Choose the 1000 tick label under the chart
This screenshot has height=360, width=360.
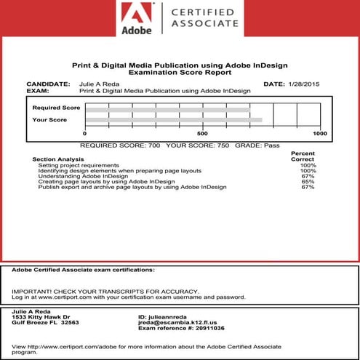click(319, 135)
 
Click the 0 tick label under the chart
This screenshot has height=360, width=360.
click(85, 135)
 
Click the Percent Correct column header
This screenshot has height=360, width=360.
click(303, 156)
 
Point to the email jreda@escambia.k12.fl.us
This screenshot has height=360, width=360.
click(177, 322)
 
